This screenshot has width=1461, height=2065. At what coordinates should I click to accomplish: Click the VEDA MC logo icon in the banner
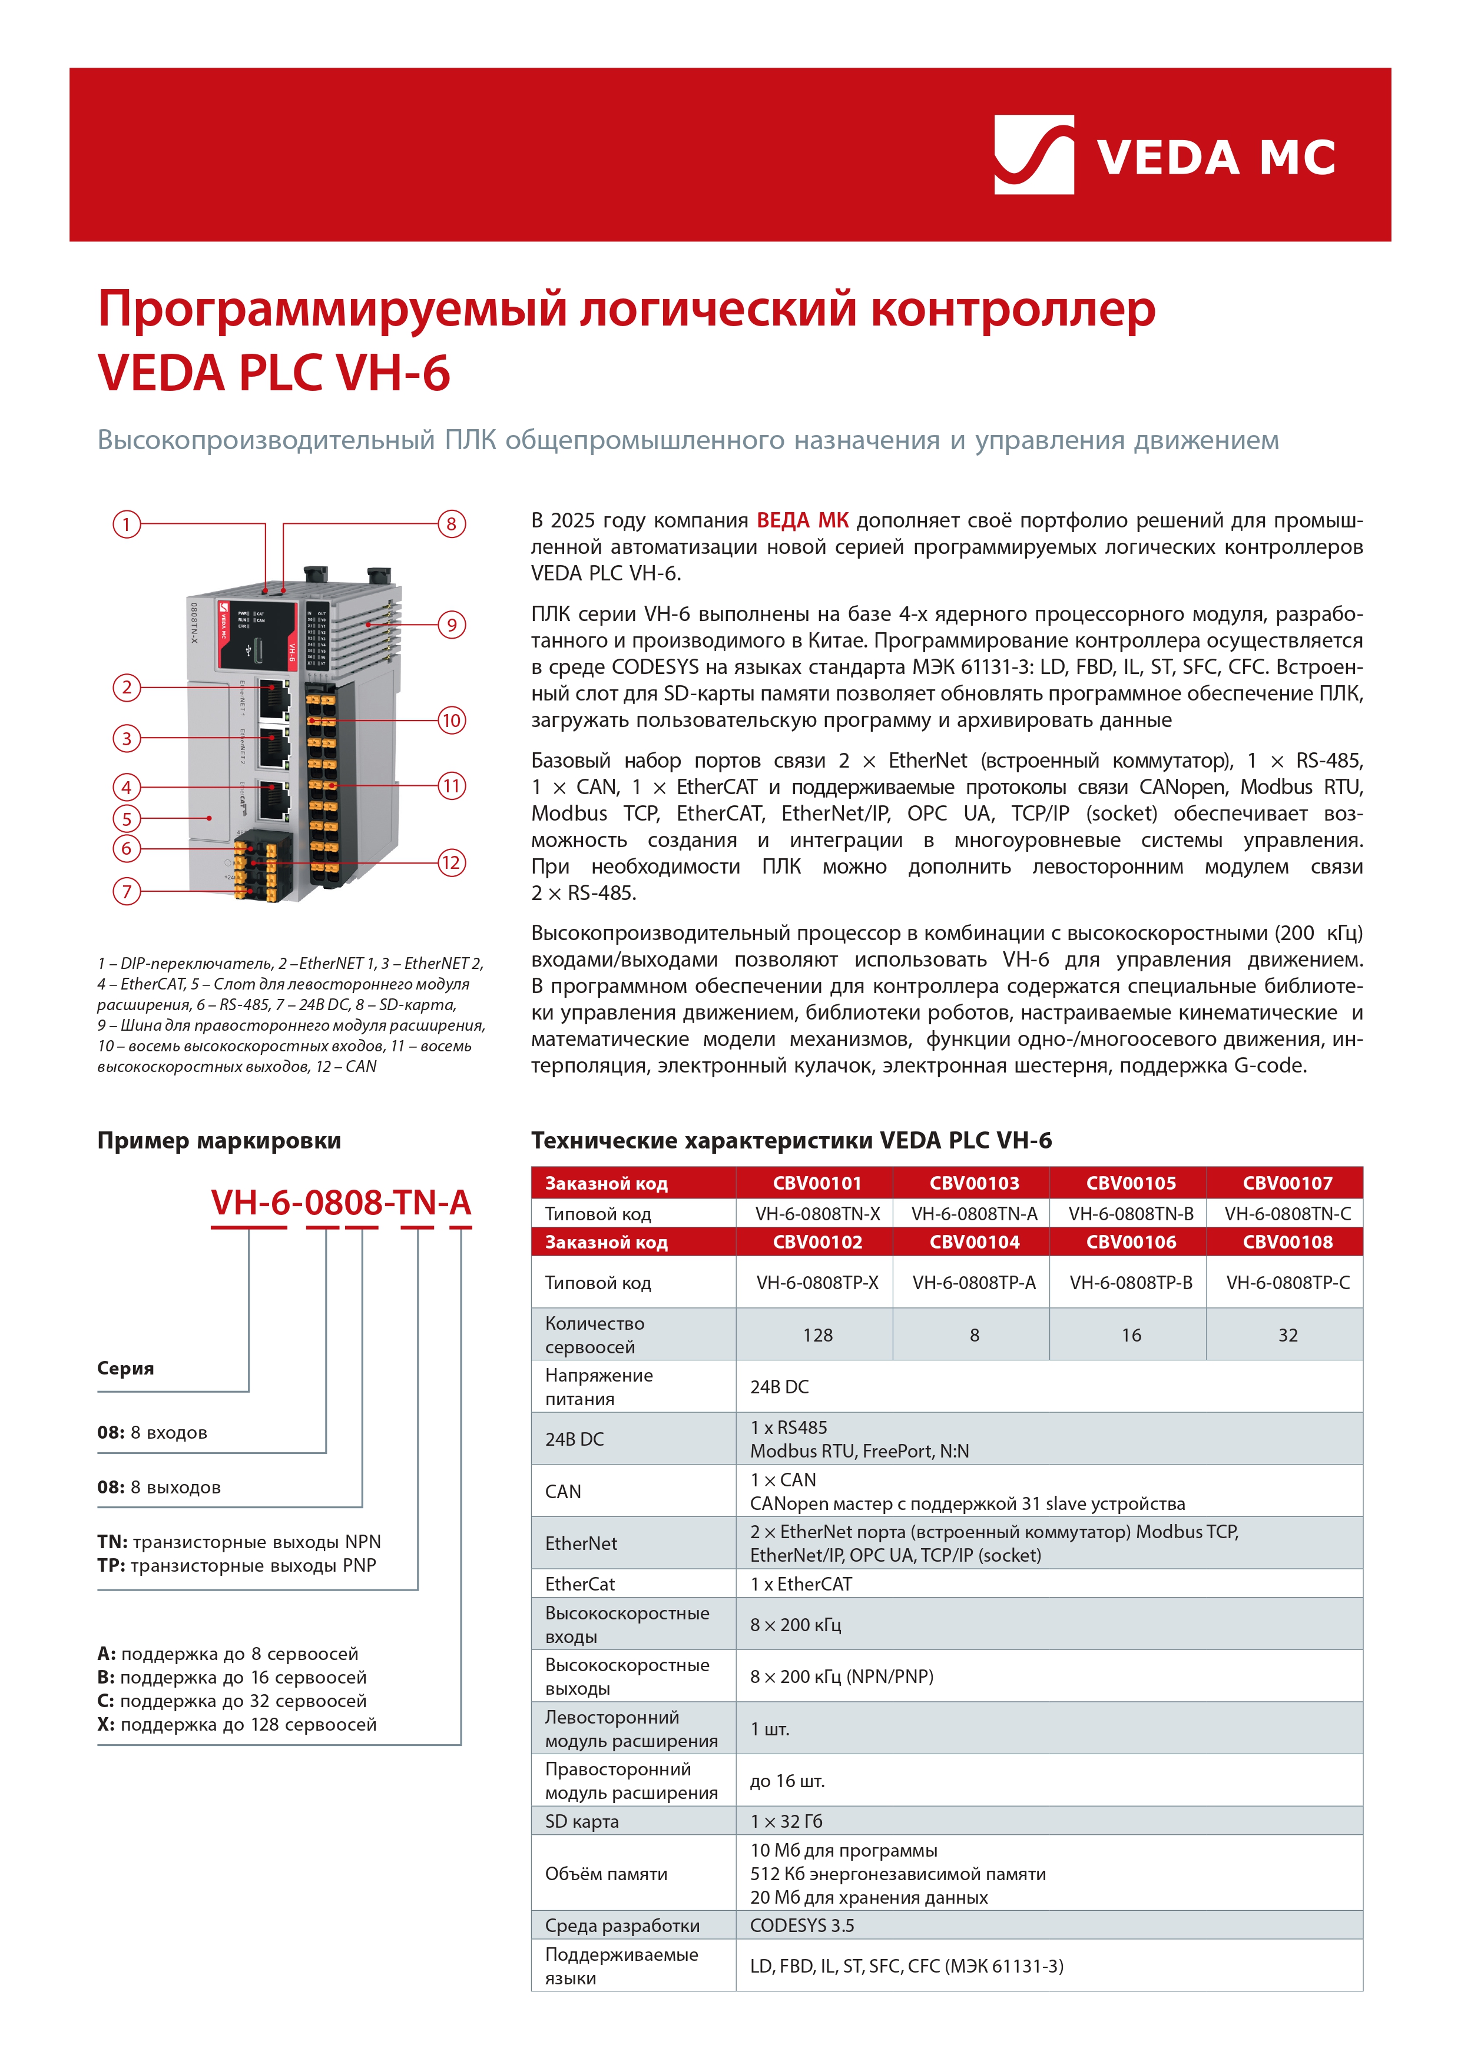point(1033,155)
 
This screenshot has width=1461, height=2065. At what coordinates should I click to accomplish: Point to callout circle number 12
point(452,862)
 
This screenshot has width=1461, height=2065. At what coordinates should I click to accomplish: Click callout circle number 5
point(126,818)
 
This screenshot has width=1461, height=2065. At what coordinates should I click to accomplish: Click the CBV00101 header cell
point(817,1183)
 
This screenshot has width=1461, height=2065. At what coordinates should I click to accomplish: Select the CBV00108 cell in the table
point(1287,1242)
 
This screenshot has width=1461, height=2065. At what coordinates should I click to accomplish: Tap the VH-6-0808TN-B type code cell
point(1131,1213)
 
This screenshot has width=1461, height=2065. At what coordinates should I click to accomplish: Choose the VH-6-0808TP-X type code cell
point(817,1283)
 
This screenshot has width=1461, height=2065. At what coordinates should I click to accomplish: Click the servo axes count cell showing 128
point(817,1334)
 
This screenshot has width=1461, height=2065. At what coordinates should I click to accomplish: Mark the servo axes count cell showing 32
point(1287,1334)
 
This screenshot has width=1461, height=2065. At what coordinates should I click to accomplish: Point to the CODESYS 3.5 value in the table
point(801,1925)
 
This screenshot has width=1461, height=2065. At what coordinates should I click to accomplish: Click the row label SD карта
point(581,1821)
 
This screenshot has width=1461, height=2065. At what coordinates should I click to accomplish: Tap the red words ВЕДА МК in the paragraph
point(803,521)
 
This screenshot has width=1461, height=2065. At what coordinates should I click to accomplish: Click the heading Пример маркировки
point(218,1140)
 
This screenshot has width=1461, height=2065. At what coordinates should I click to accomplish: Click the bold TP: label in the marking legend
point(111,1565)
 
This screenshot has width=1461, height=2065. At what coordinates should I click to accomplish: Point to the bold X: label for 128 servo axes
point(106,1724)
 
